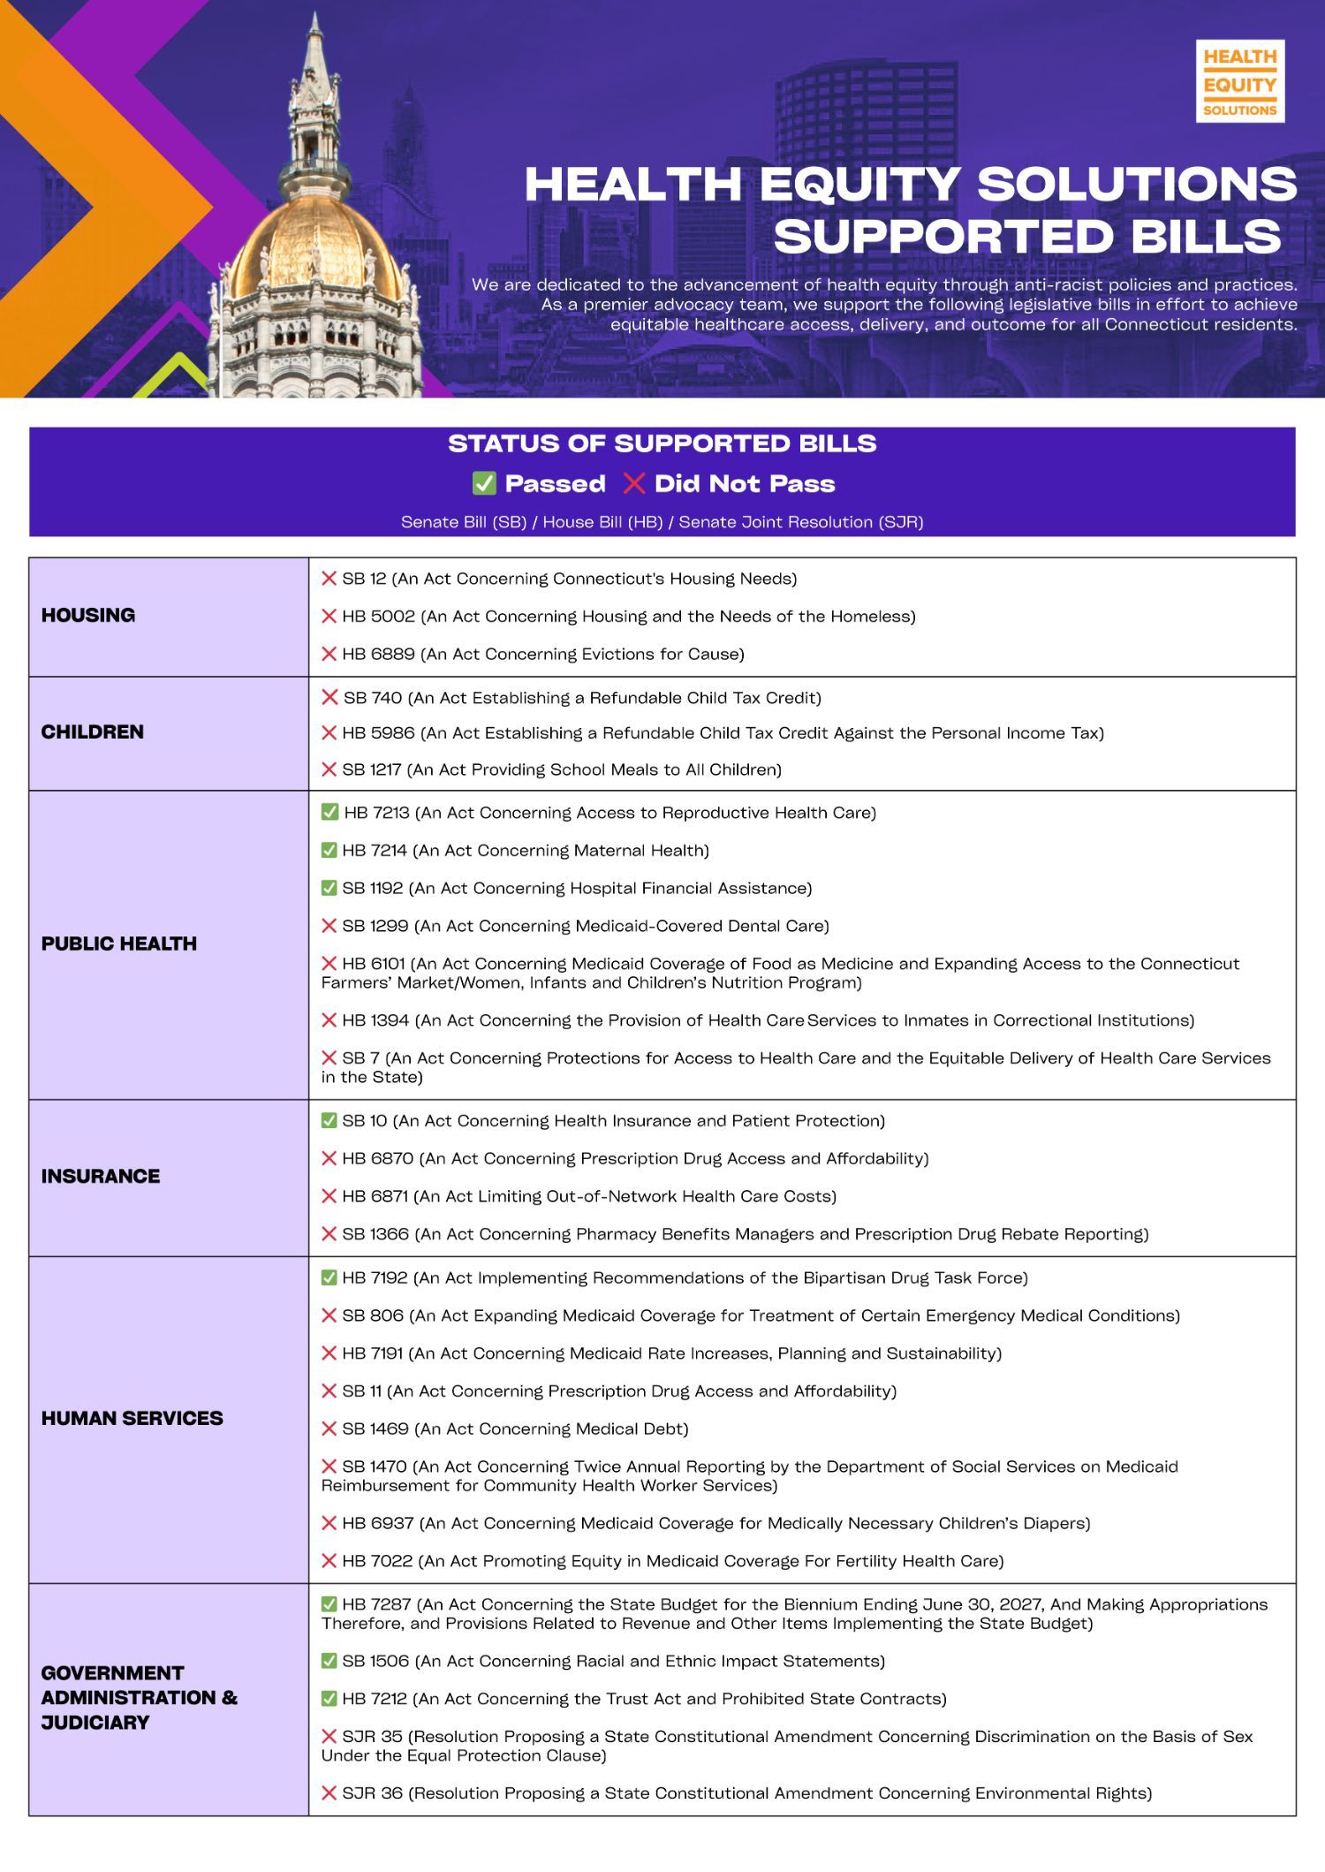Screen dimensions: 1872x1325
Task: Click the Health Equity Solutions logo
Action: [1239, 81]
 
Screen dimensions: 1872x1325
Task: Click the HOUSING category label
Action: [88, 616]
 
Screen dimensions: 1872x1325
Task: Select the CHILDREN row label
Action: [92, 732]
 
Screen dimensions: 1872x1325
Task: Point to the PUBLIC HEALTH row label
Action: [118, 944]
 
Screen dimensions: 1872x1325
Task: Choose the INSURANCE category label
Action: [100, 1177]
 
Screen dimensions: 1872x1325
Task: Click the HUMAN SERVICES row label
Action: [132, 1419]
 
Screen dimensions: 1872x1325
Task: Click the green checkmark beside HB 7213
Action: [329, 813]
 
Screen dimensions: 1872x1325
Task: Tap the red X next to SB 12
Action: [329, 579]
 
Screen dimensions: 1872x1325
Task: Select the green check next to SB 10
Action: [329, 1121]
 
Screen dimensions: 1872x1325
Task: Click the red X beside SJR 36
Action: [329, 1793]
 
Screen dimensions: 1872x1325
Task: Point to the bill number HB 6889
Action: [378, 655]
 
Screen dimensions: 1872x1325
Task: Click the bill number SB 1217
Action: [372, 770]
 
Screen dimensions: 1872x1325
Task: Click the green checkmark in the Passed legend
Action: [484, 483]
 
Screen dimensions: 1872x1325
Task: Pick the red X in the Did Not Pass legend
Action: [634, 483]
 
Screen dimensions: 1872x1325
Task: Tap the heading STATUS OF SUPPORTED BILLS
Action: [662, 443]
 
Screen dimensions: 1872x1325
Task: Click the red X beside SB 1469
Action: [329, 1429]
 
